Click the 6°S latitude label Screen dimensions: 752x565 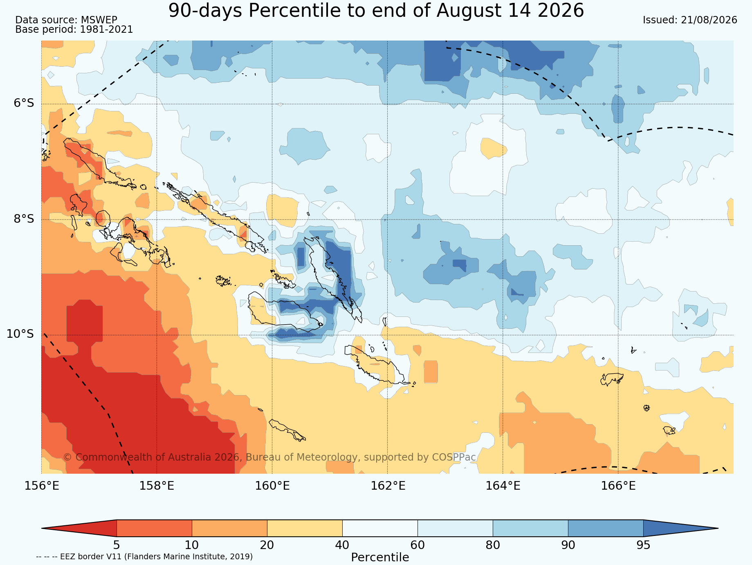24,103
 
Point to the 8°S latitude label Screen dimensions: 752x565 24,219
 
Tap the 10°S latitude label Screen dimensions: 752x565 20,334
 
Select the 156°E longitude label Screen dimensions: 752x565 42,486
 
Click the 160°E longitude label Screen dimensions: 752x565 272,486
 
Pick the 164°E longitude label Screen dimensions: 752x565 503,486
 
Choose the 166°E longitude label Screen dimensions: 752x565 618,486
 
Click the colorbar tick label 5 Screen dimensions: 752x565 117,545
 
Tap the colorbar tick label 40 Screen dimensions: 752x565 342,545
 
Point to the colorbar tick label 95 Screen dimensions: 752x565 643,545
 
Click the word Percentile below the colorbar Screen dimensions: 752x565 380,558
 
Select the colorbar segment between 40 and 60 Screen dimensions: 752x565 380,528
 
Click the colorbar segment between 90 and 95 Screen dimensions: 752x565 606,528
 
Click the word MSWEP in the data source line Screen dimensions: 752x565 99,20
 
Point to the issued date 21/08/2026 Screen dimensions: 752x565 709,20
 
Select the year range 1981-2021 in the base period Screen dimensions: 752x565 106,29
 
